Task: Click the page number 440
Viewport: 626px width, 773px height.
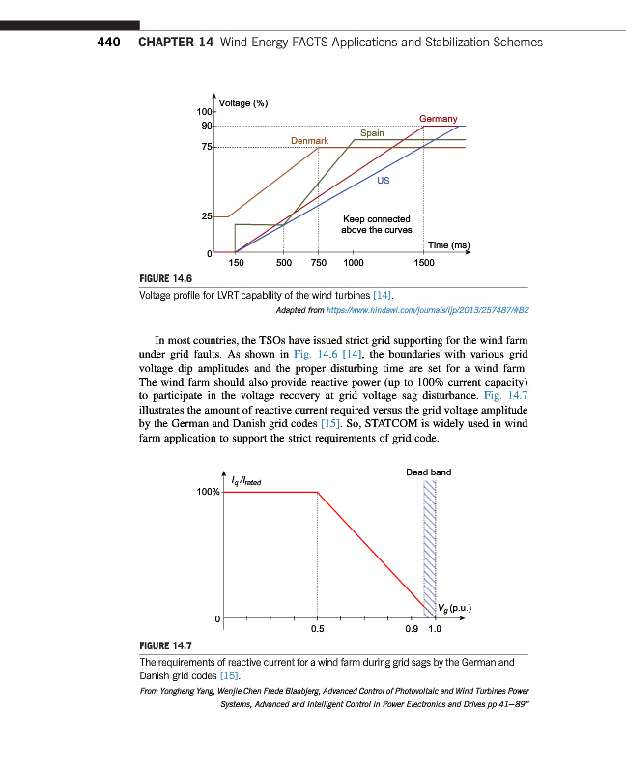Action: (105, 43)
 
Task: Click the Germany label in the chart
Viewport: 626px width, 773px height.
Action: (438, 119)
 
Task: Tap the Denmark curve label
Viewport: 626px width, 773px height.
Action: (309, 141)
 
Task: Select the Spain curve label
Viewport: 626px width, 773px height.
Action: (372, 132)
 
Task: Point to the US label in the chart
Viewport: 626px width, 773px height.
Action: (384, 179)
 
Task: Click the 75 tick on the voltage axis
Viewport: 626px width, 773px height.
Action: (207, 147)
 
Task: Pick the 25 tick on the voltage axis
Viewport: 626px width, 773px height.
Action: (207, 217)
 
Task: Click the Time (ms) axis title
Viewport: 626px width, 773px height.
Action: (448, 245)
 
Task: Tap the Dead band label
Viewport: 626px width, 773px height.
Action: (428, 472)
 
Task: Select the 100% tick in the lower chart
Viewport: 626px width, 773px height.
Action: (208, 492)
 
